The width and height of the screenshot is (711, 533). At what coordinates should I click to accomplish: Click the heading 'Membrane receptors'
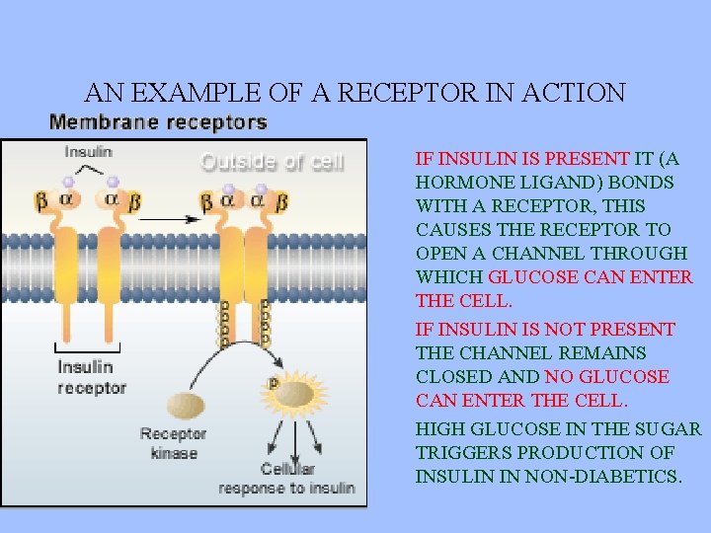click(158, 123)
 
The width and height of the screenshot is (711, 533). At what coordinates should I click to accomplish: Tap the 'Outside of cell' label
click(273, 163)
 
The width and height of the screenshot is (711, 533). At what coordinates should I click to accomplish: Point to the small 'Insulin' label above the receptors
click(89, 152)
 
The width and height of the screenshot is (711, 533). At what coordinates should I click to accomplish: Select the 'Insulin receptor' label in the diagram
click(92, 378)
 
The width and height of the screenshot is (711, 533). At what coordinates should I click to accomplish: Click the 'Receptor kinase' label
click(174, 442)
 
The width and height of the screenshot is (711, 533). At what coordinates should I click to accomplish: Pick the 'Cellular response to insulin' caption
click(287, 479)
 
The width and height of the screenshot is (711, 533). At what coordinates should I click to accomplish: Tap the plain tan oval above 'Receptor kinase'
click(186, 405)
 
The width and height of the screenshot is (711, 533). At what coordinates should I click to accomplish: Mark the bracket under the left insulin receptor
click(87, 348)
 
